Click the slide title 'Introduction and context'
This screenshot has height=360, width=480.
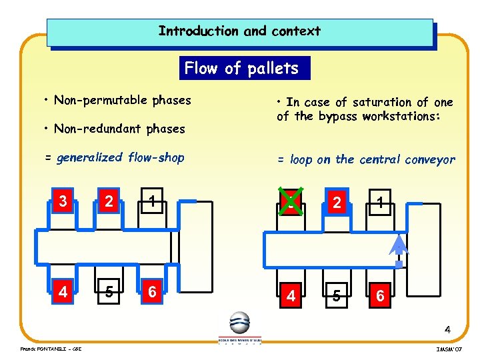(239, 31)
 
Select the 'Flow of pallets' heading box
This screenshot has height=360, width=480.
(241, 68)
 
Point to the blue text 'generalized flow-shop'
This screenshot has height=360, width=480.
(120, 158)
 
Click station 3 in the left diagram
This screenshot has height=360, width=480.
(63, 201)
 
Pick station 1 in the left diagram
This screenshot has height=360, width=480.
(153, 201)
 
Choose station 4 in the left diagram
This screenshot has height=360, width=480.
(62, 292)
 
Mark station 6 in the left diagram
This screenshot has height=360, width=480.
(153, 292)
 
